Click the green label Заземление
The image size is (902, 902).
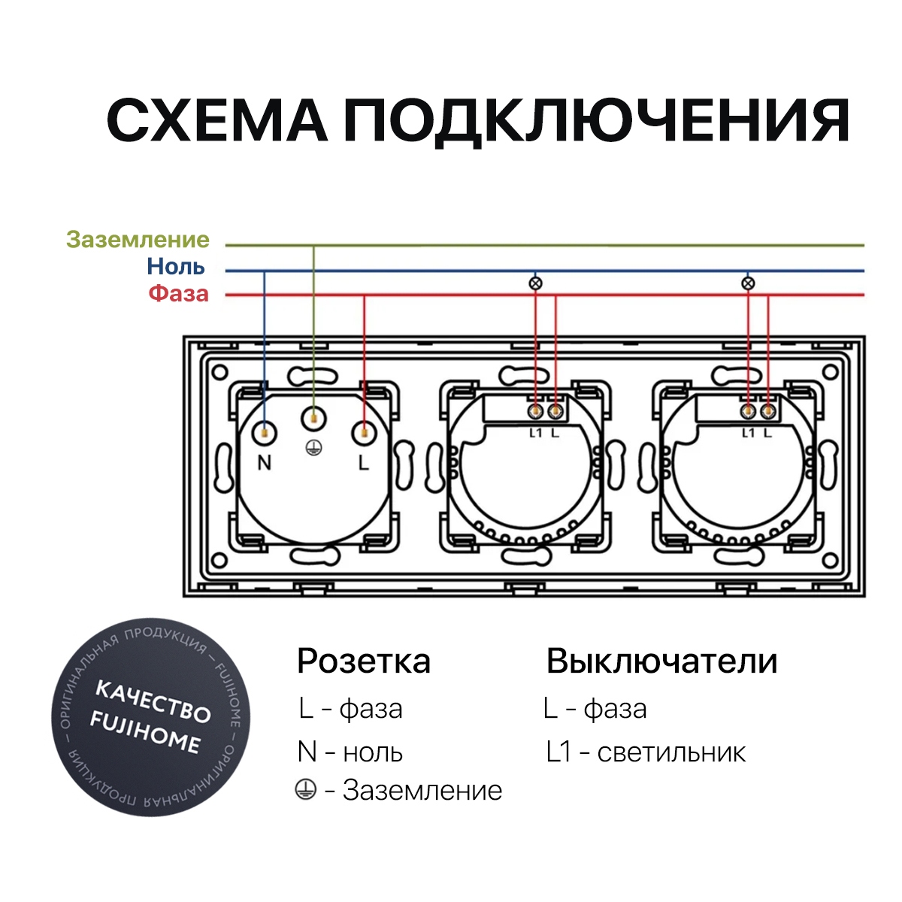138,240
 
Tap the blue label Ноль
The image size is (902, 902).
176,267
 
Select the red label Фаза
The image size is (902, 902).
179,294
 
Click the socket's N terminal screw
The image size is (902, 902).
265,431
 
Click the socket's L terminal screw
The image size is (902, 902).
364,433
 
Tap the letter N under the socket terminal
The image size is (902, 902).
265,463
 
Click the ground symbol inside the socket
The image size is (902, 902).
313,449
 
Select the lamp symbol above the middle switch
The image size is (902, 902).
535,283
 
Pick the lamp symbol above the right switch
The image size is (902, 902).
748,283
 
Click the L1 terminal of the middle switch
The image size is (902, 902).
535,412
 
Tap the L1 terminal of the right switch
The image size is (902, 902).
747,412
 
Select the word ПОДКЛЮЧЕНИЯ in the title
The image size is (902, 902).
597,122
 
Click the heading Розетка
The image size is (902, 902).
364,661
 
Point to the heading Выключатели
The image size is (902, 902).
662,661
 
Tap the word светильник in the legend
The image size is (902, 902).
672,752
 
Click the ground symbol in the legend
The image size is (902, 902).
306,790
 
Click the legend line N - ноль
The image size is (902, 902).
350,752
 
